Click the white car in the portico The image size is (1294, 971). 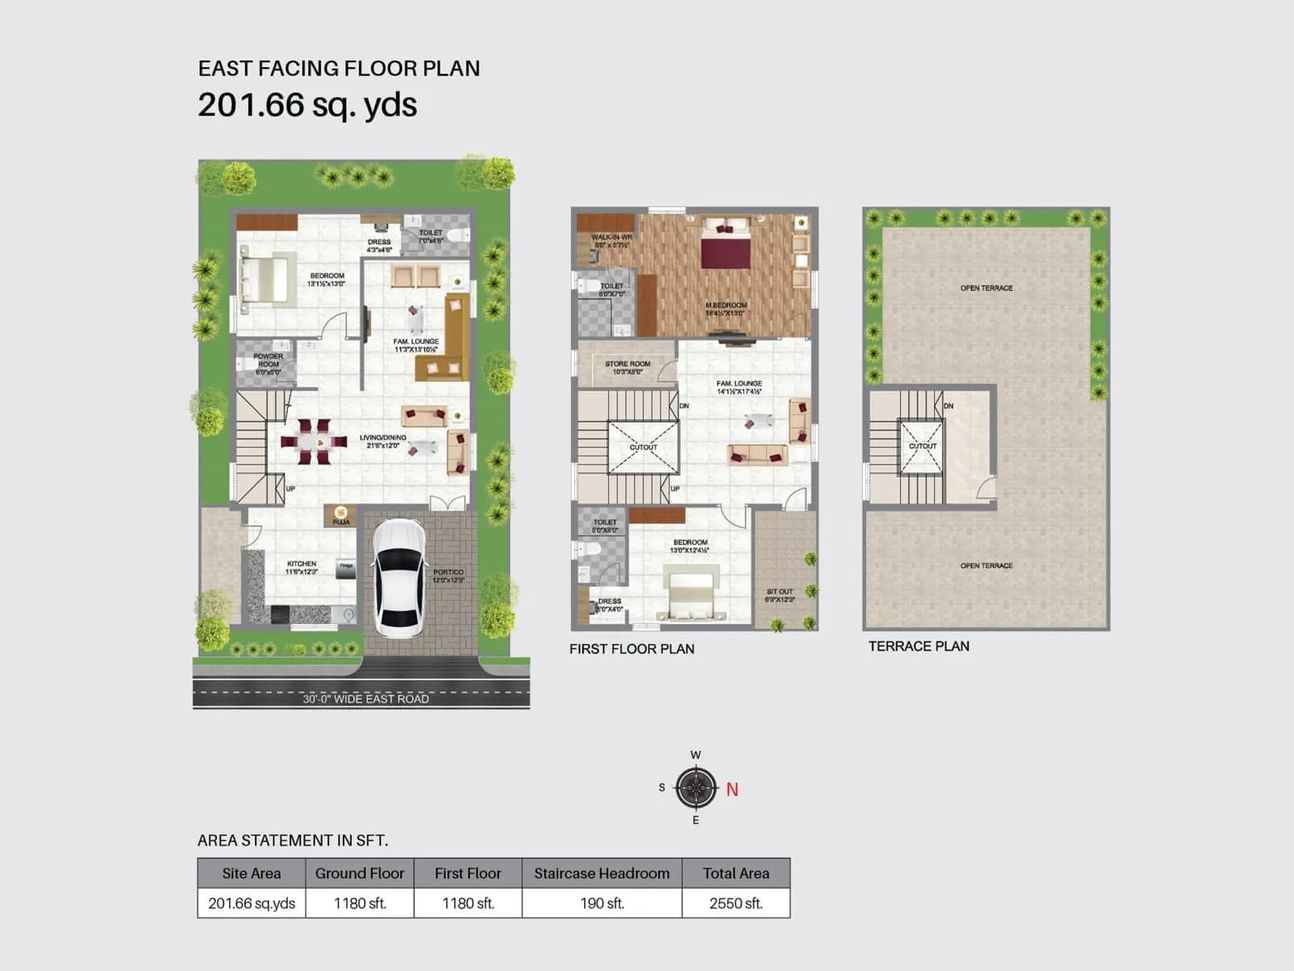(x=398, y=578)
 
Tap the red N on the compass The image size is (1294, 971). (x=732, y=789)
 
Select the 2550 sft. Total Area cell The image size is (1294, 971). (x=735, y=903)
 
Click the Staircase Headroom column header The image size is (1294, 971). (x=602, y=873)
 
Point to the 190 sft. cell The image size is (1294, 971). (x=602, y=903)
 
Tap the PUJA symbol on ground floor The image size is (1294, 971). (x=340, y=513)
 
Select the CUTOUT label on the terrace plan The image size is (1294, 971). (x=922, y=446)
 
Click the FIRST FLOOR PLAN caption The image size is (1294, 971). (x=632, y=649)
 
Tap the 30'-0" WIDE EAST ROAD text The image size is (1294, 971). (x=366, y=698)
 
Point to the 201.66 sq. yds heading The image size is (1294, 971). (x=307, y=105)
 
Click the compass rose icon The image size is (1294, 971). (x=696, y=787)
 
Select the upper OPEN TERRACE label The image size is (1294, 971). (x=986, y=288)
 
